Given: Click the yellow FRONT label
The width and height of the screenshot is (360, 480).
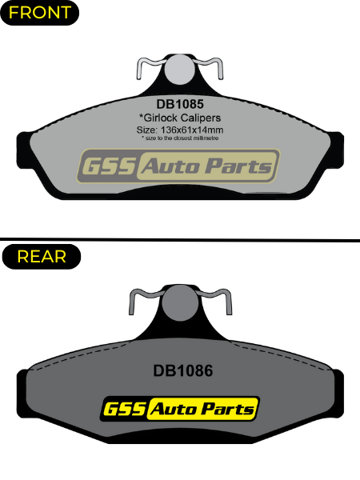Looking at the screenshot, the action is [39, 13].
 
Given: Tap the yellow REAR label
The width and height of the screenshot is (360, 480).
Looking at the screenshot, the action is [42, 257].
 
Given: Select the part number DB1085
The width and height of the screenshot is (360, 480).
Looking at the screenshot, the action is [180, 104].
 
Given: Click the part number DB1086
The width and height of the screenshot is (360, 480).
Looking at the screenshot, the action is [182, 370].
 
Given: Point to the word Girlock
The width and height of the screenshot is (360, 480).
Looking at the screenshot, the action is [158, 118].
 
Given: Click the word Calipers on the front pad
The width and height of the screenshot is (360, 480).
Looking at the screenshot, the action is [201, 118].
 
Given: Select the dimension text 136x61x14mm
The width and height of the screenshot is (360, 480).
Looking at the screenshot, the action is [192, 130].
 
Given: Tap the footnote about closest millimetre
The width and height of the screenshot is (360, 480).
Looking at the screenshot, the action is [180, 138].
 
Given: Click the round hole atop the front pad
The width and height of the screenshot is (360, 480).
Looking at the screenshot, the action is [179, 70].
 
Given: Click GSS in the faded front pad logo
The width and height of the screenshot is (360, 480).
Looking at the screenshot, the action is [107, 166].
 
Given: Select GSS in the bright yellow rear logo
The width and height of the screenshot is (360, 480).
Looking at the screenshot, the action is [125, 409].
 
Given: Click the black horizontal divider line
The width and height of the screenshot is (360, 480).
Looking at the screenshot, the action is [180, 239].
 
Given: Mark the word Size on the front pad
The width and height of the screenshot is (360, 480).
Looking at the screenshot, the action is [147, 130].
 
